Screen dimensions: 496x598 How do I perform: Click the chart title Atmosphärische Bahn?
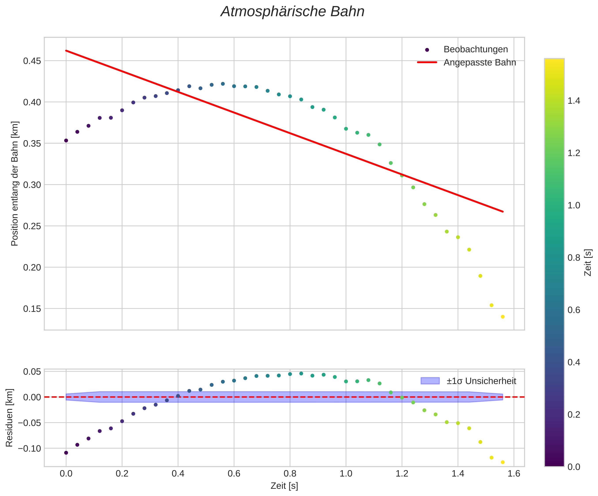click(x=292, y=12)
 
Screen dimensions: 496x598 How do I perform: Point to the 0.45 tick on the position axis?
click(x=32, y=61)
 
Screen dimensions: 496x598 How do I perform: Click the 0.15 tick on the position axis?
click(x=32, y=309)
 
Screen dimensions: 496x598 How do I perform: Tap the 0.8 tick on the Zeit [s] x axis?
click(x=290, y=473)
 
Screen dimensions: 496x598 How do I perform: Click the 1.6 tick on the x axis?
click(x=514, y=473)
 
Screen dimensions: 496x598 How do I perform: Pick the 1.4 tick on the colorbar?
click(x=574, y=101)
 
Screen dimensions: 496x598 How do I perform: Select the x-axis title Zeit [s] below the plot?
click(x=284, y=486)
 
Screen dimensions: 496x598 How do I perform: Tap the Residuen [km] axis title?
click(x=9, y=417)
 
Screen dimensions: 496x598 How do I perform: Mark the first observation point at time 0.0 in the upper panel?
click(x=66, y=140)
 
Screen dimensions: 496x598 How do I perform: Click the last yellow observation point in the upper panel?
click(x=503, y=317)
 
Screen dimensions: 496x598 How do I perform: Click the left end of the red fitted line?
click(x=66, y=51)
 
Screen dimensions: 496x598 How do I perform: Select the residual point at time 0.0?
click(x=66, y=453)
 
